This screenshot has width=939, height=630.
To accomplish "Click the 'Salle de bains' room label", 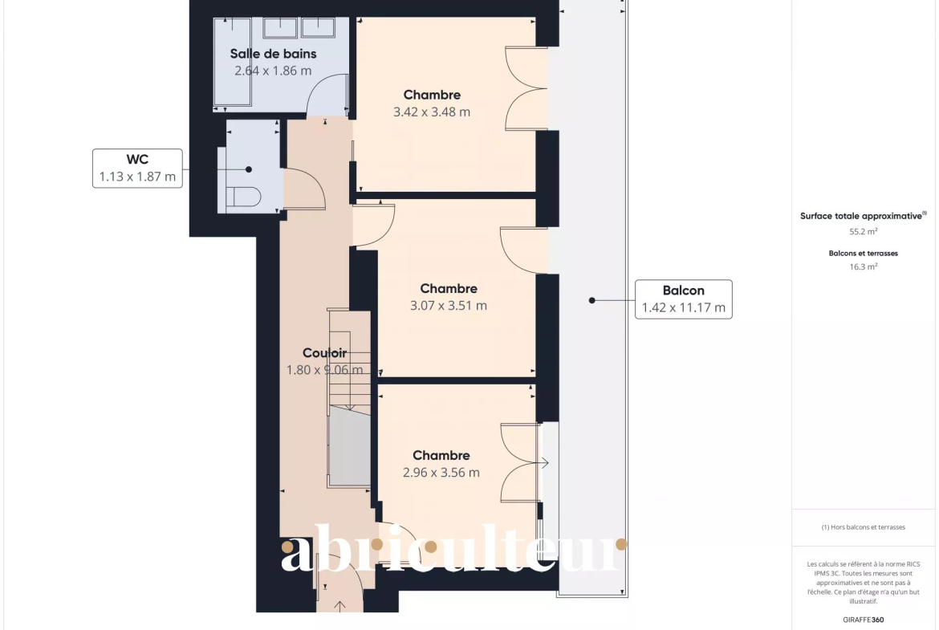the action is click(273, 54).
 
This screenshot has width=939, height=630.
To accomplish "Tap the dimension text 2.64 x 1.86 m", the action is click(273, 71).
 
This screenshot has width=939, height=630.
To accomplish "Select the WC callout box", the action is click(137, 169).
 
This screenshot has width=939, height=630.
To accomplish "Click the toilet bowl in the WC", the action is click(244, 197).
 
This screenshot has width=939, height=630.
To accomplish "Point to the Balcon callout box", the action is click(683, 299).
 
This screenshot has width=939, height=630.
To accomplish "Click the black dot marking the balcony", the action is click(591, 300).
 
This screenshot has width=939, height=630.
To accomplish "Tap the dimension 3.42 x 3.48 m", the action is click(432, 112).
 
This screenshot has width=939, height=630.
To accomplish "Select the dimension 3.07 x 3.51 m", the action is click(449, 306).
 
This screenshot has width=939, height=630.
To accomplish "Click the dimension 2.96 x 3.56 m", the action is click(441, 473).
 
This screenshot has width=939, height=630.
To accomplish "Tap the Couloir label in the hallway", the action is click(324, 353).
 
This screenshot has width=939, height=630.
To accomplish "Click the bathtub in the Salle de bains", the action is click(233, 62).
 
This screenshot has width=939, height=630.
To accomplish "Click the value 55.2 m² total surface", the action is click(864, 232).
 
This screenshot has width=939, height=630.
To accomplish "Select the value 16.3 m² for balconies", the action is click(864, 267).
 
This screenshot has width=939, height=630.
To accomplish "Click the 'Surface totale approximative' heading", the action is click(862, 216).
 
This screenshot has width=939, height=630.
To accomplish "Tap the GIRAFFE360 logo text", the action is click(864, 620).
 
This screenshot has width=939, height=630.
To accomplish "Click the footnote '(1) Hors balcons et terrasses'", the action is click(864, 527).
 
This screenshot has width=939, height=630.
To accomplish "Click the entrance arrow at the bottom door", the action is click(339, 606).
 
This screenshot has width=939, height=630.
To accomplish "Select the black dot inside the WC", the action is click(249, 169).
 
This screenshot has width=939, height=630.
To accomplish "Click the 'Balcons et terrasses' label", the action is click(864, 254).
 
